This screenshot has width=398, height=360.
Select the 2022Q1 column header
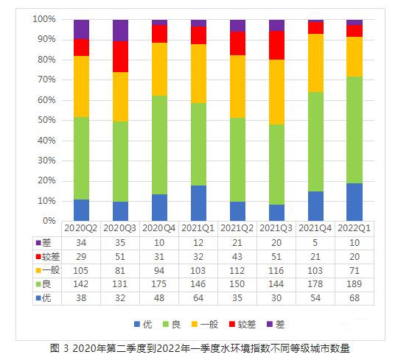tap(355, 229)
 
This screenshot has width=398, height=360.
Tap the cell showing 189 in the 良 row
tap(355, 285)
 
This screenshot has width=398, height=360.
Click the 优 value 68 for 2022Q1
tap(355, 299)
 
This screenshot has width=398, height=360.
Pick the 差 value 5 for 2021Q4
tap(315, 243)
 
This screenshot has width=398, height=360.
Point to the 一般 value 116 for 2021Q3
tap(276, 271)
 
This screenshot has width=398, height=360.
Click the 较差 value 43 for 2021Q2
tap(237, 257)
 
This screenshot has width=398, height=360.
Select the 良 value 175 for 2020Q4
tap(159, 285)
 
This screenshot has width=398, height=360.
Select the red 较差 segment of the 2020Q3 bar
tap(120, 56)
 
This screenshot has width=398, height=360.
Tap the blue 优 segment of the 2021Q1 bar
tap(198, 202)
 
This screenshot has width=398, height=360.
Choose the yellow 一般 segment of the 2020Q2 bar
tap(81, 85)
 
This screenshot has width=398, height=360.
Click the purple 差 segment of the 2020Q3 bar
tap(120, 29)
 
